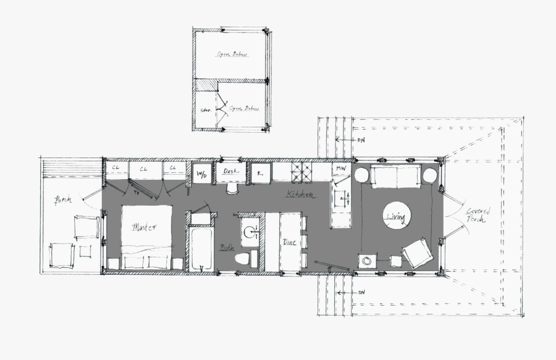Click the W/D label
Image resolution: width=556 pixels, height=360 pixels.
pyautogui.click(x=201, y=173)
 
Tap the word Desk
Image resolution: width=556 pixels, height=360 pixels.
pyautogui.click(x=230, y=171)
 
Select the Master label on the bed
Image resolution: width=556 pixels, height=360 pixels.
pyautogui.click(x=145, y=227)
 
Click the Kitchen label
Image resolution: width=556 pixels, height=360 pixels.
pyautogui.click(x=300, y=195)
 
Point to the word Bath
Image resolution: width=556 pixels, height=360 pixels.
pyautogui.click(x=227, y=248)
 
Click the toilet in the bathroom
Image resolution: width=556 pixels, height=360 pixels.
pyautogui.click(x=248, y=258)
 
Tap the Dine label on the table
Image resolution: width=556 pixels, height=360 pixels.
pyautogui.click(x=289, y=243)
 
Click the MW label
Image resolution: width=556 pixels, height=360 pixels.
pyautogui.click(x=340, y=168)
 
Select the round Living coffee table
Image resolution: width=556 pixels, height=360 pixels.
pyautogui.click(x=397, y=216)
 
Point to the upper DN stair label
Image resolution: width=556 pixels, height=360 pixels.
pyautogui.click(x=361, y=140)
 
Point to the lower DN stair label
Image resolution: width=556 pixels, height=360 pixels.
pyautogui.click(x=361, y=292)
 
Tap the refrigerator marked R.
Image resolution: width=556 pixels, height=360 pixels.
pyautogui.click(x=260, y=174)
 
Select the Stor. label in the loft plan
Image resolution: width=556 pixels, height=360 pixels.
pyautogui.click(x=206, y=111)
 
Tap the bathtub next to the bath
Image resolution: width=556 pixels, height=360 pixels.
pyautogui.click(x=201, y=249)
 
